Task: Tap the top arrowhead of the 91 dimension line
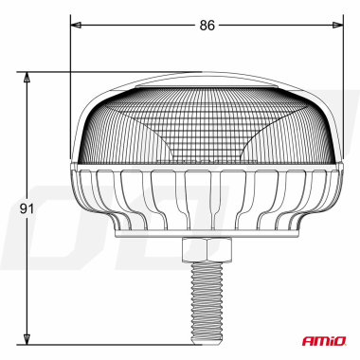pyautogui.click(x=29, y=77)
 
